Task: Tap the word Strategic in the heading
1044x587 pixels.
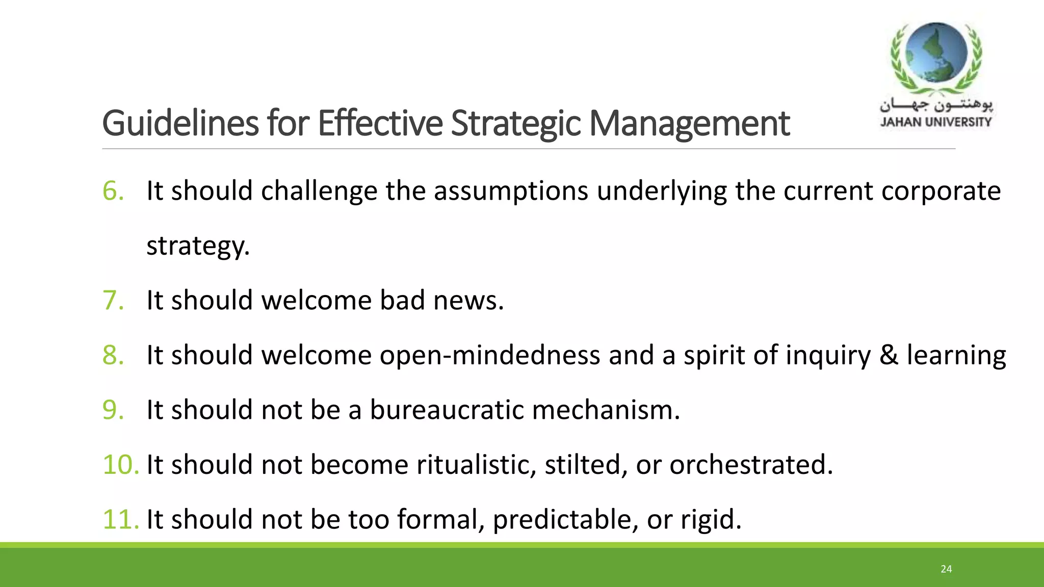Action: [515, 124]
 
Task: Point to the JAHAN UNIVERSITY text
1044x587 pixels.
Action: [936, 122]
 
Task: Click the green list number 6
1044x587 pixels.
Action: [113, 191]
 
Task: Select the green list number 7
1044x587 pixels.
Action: [113, 300]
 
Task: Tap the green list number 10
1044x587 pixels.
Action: [120, 465]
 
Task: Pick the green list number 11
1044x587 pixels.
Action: [120, 519]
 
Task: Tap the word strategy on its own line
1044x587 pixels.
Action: [197, 246]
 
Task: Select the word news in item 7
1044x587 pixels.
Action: [468, 300]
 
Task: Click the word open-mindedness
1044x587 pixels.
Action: [489, 355]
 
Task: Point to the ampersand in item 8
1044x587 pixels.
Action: [889, 355]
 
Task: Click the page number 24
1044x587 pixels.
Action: [946, 569]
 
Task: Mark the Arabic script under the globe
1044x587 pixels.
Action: [936, 105]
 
